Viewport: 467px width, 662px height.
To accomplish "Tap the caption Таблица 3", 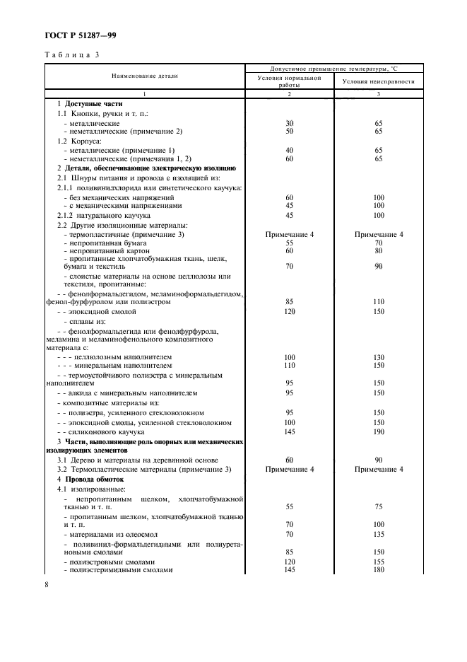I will tap(72, 55).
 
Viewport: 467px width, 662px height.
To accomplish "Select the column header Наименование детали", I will tap(144, 75).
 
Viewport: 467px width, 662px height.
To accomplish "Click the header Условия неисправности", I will tap(378, 81).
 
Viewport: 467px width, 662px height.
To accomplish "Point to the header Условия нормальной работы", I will tap(289, 81).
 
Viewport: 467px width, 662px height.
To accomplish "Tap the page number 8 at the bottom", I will tap(47, 584).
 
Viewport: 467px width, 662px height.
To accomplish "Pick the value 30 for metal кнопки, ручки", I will tap(289, 123).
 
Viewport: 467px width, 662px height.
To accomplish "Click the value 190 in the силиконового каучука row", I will tap(378, 431).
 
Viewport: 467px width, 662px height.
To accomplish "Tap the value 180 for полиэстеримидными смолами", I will tap(378, 569).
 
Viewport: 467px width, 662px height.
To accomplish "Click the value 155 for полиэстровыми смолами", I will tap(378, 562).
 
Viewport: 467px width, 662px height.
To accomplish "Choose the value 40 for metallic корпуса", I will tap(289, 150).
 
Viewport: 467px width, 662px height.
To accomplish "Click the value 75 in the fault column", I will tap(378, 506).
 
